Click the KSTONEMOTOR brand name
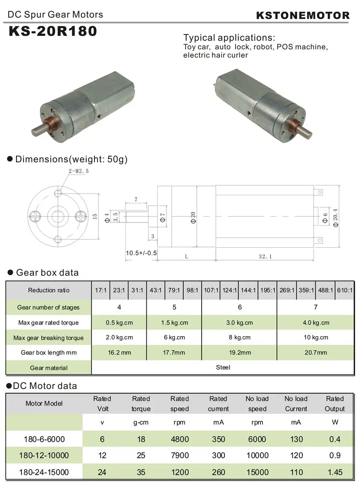point(302,16)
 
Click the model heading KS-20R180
point(53,31)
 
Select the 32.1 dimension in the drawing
point(265,256)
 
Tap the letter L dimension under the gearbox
point(186,256)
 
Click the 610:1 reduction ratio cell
point(345,290)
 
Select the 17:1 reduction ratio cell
point(100,290)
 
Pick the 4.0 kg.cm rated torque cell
point(316,323)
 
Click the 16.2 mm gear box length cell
point(119,353)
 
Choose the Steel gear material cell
point(223,367)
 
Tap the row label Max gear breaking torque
point(48,338)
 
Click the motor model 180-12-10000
point(44,455)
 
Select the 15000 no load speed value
point(257,472)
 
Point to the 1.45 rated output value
point(335,472)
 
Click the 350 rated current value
point(218,439)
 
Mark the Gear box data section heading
point(47,273)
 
